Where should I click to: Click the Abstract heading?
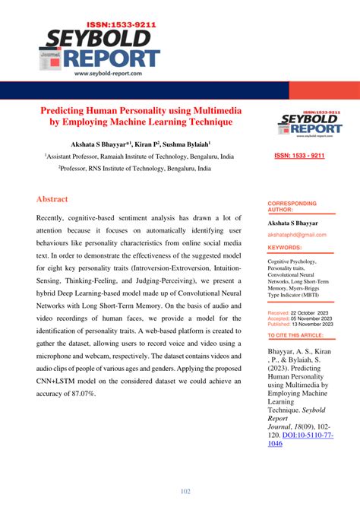tap(52, 199)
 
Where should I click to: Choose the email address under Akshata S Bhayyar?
tap(295, 236)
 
